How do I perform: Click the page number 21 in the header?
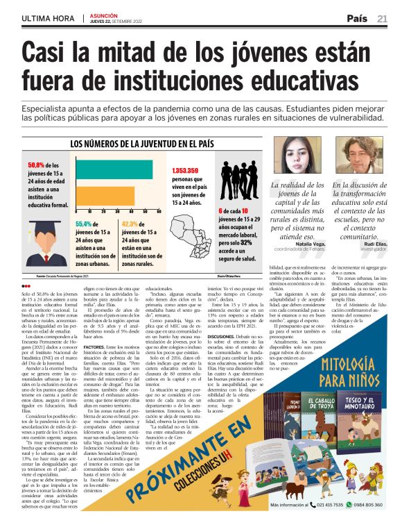(x=383, y=18)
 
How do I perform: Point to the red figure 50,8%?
(x=42, y=165)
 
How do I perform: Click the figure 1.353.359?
(x=185, y=170)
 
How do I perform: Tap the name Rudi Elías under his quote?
(x=375, y=244)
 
